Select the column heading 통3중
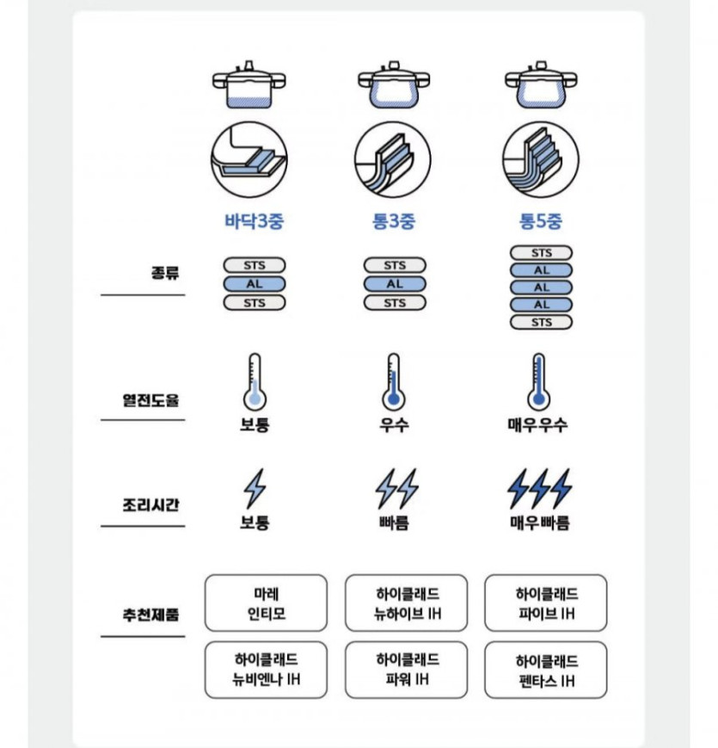[x=395, y=221]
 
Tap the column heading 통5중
[x=540, y=221]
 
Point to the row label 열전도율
[x=152, y=399]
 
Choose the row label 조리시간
[x=152, y=504]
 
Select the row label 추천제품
[x=152, y=616]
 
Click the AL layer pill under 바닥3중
[x=254, y=284]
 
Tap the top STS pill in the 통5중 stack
[x=541, y=253]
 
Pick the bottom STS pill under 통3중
[x=395, y=303]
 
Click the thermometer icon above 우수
[x=394, y=380]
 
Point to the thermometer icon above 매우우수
[x=538, y=380]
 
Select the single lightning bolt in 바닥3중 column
[x=255, y=488]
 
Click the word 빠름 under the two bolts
[x=395, y=522]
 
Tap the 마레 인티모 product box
[x=267, y=603]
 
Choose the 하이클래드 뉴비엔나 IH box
[x=267, y=670]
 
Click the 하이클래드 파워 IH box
[x=408, y=669]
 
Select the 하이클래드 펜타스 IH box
[x=546, y=670]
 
